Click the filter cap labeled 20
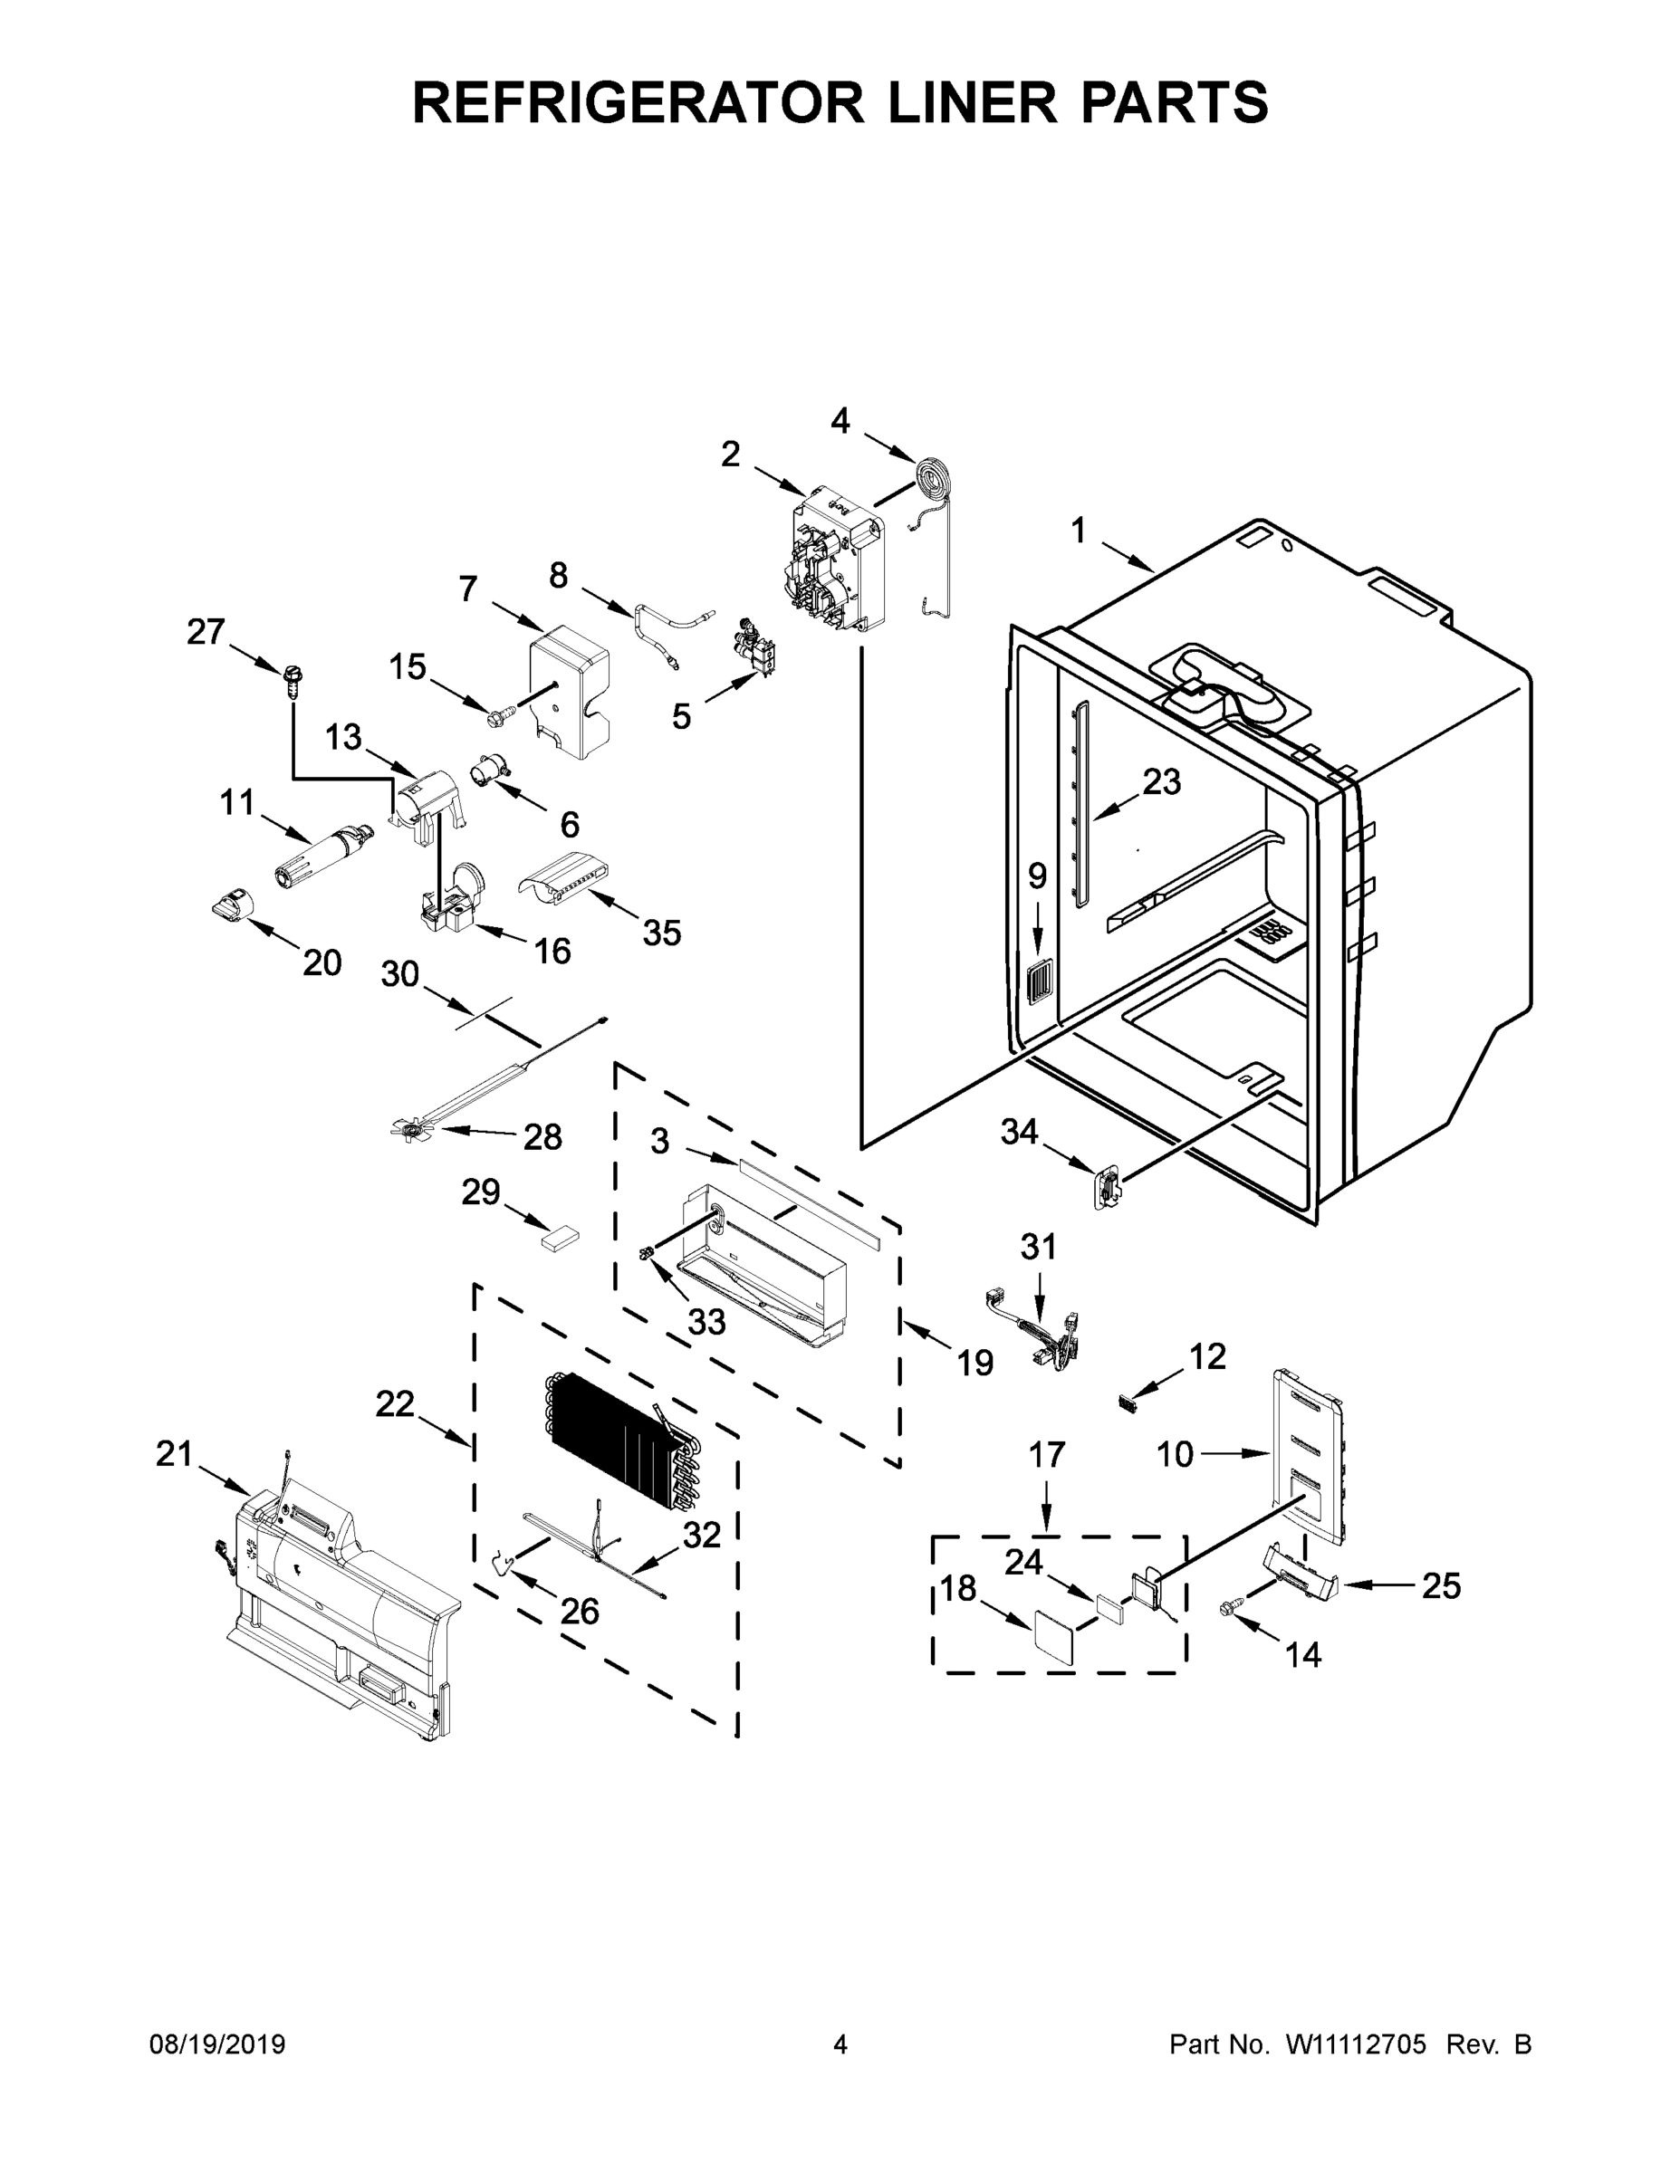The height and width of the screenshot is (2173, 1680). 231,905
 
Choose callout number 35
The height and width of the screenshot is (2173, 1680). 661,933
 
